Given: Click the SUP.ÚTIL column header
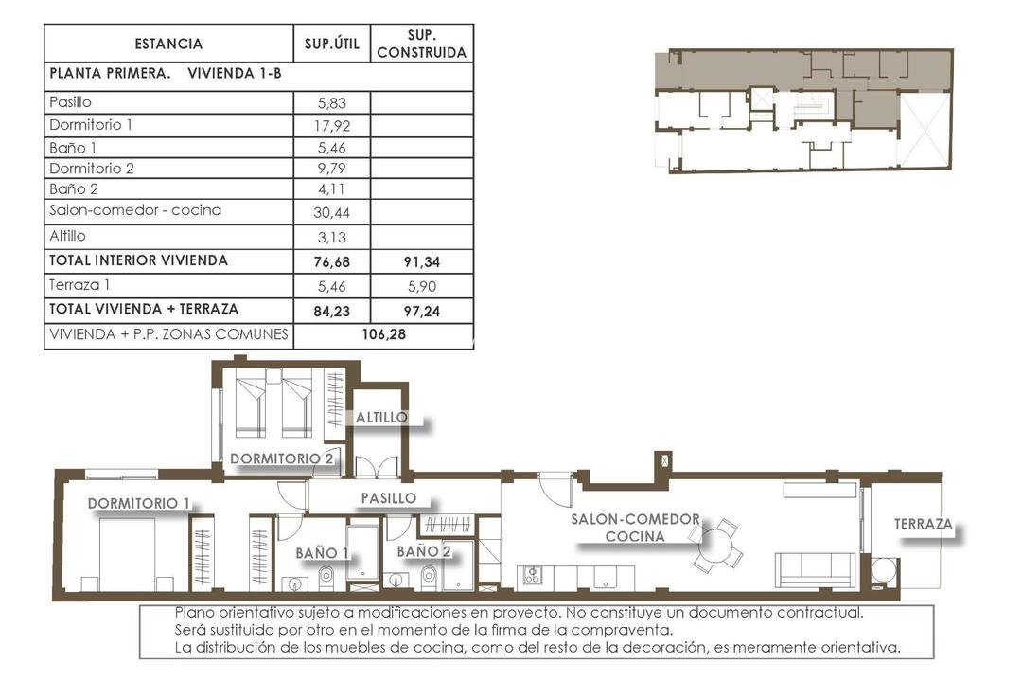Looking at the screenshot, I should pos(332,44).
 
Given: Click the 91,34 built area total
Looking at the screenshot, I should pos(422,260).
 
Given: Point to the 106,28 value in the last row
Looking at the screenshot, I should pos(384,333).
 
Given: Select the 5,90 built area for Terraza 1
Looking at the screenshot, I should pos(422,284).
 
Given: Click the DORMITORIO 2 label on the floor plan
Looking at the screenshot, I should pos(282,458).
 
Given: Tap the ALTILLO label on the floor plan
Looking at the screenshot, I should pos(382,417).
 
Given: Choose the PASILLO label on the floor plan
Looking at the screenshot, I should pos(389,497).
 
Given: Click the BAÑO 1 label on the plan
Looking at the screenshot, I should pos(323,551).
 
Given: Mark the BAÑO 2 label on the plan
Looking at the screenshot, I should pos(423,550).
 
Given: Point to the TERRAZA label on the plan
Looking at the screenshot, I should pos(924,524).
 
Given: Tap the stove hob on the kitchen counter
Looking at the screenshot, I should pos(531,575).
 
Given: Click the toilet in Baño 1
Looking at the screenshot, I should pos(326,575).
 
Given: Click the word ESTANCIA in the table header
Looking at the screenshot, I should pos(168,44).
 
